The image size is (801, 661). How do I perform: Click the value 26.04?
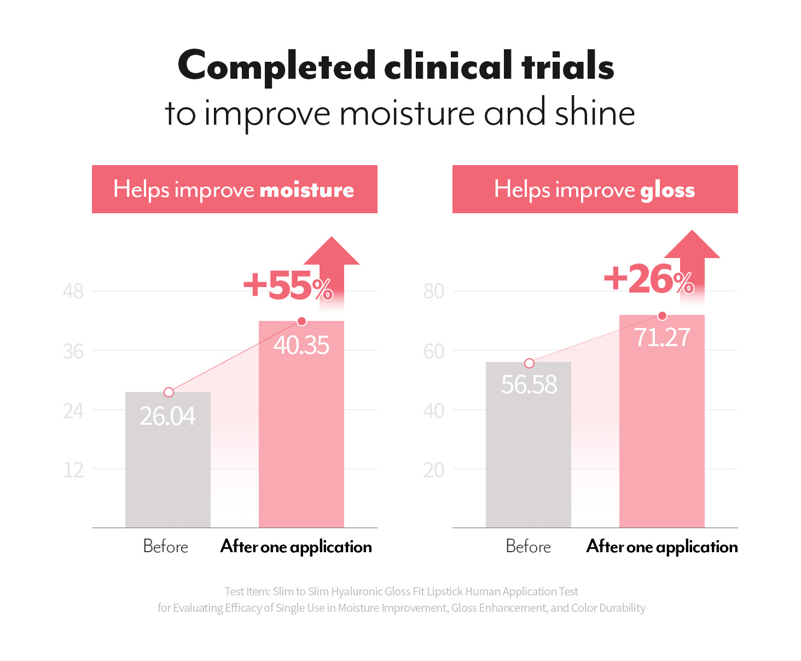pyautogui.click(x=167, y=416)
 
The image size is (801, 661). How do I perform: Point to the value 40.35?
pyautogui.click(x=301, y=346)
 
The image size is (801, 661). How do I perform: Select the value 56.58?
pyautogui.click(x=529, y=384)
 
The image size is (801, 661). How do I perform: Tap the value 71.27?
pyautogui.click(x=662, y=337)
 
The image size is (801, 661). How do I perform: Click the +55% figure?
pyautogui.click(x=288, y=285)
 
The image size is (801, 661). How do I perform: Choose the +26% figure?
pyautogui.click(x=649, y=279)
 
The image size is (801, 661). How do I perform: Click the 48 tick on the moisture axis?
pyautogui.click(x=73, y=291)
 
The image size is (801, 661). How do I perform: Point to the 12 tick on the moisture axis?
pyautogui.click(x=73, y=470)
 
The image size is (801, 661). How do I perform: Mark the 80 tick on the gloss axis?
pyautogui.click(x=434, y=291)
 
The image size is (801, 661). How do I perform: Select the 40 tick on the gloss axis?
pyautogui.click(x=434, y=411)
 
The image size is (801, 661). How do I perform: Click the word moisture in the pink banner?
pyautogui.click(x=306, y=190)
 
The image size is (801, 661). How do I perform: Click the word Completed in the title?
pyautogui.click(x=277, y=67)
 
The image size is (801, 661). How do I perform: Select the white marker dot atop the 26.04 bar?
pyautogui.click(x=169, y=392)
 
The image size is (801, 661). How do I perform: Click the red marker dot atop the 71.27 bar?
pyautogui.click(x=662, y=315)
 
